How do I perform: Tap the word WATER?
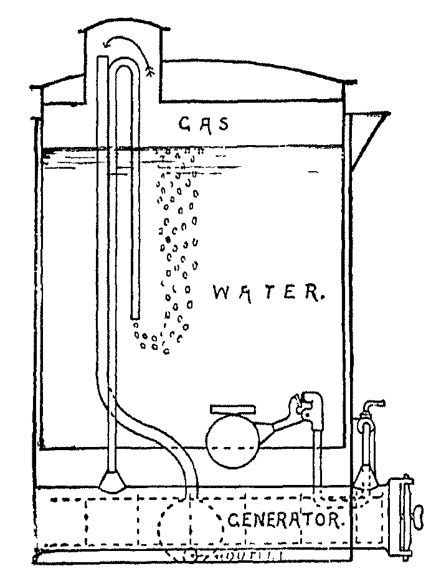click(x=268, y=293)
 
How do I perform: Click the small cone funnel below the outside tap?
click(x=364, y=480)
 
